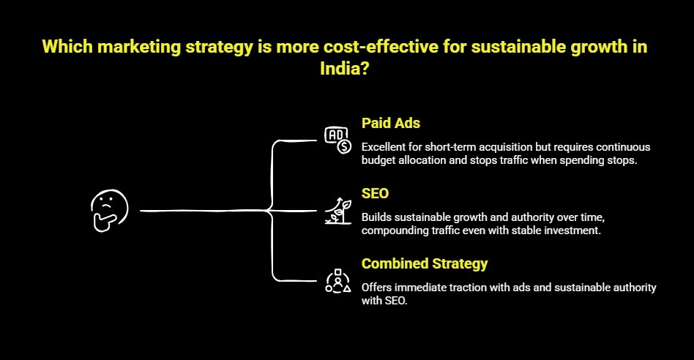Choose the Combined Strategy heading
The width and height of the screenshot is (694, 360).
coord(425,263)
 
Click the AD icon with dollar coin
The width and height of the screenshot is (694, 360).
coord(337,140)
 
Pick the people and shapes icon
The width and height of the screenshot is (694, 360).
coord(337,280)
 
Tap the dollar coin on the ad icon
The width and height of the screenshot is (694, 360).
coord(344,146)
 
